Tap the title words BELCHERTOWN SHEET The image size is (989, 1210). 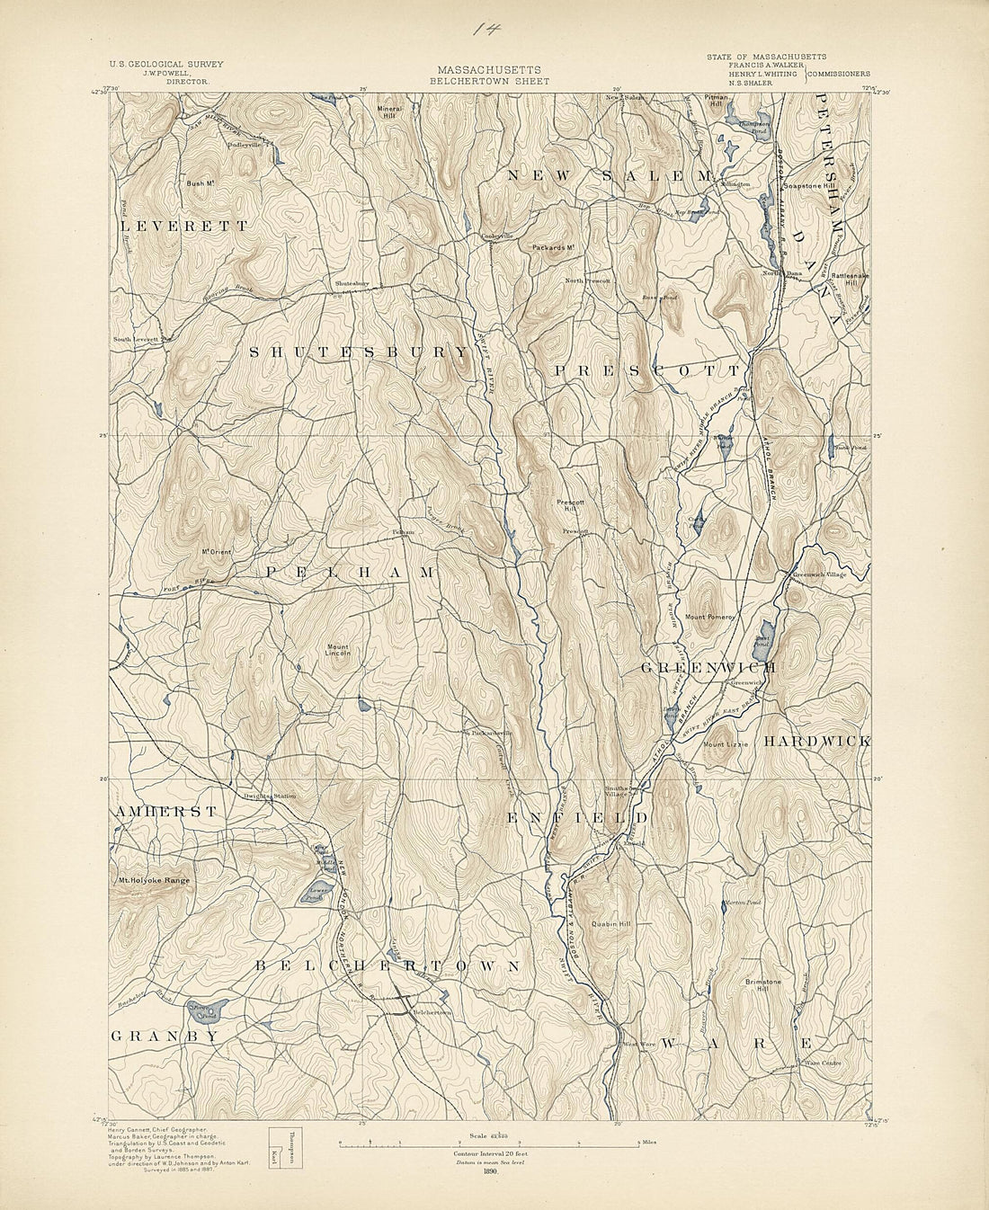point(489,81)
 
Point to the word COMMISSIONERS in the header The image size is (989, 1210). point(840,74)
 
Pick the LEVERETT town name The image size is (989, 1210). point(183,227)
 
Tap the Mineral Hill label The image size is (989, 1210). point(388,112)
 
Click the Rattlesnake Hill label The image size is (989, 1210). point(849,279)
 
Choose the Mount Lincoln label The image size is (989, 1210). point(338,650)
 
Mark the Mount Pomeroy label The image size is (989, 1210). point(710,618)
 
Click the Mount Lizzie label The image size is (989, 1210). point(726,744)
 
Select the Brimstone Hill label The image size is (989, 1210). point(762,986)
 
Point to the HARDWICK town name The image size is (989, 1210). point(816,742)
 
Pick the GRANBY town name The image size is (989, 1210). point(165,1037)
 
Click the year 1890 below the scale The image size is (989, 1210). point(489,1170)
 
